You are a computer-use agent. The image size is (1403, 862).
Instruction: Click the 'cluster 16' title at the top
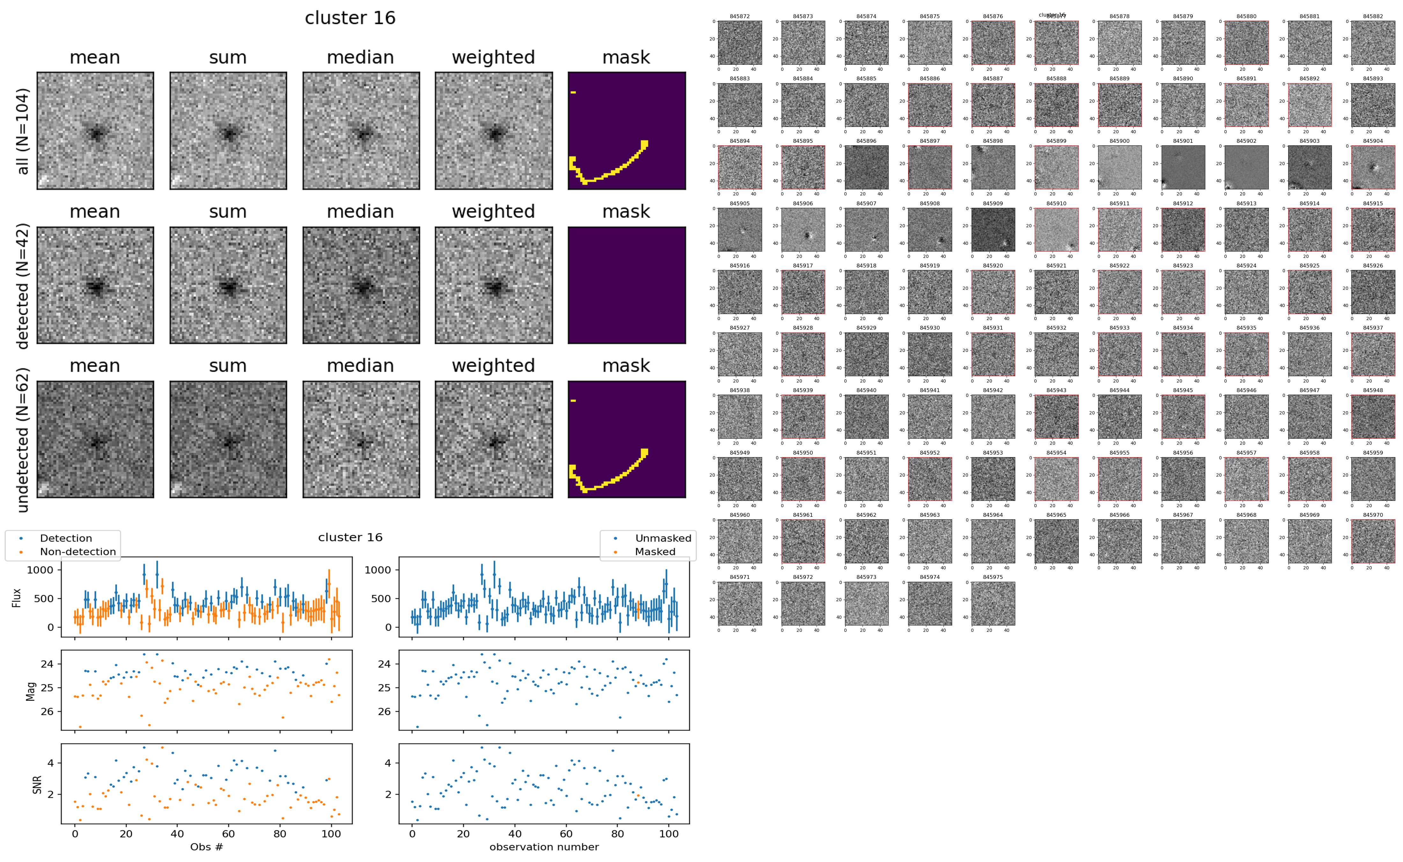click(350, 18)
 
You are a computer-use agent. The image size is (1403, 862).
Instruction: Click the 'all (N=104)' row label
click(23, 131)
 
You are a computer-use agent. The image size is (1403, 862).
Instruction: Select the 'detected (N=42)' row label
click(23, 286)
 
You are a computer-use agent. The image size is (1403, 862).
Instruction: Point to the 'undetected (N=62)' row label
click(23, 440)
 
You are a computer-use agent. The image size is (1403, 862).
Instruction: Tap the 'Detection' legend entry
click(66, 538)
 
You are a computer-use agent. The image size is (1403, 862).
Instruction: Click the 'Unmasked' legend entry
click(663, 538)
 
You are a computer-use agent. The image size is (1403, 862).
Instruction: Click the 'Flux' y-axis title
click(17, 597)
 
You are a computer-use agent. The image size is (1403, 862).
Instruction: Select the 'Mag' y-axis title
click(31, 691)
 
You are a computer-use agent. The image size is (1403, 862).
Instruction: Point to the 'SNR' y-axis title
click(38, 784)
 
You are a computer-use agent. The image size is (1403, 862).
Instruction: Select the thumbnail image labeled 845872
click(739, 43)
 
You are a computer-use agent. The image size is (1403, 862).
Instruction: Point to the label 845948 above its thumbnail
click(1373, 391)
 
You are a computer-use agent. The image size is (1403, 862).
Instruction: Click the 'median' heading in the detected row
click(360, 211)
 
